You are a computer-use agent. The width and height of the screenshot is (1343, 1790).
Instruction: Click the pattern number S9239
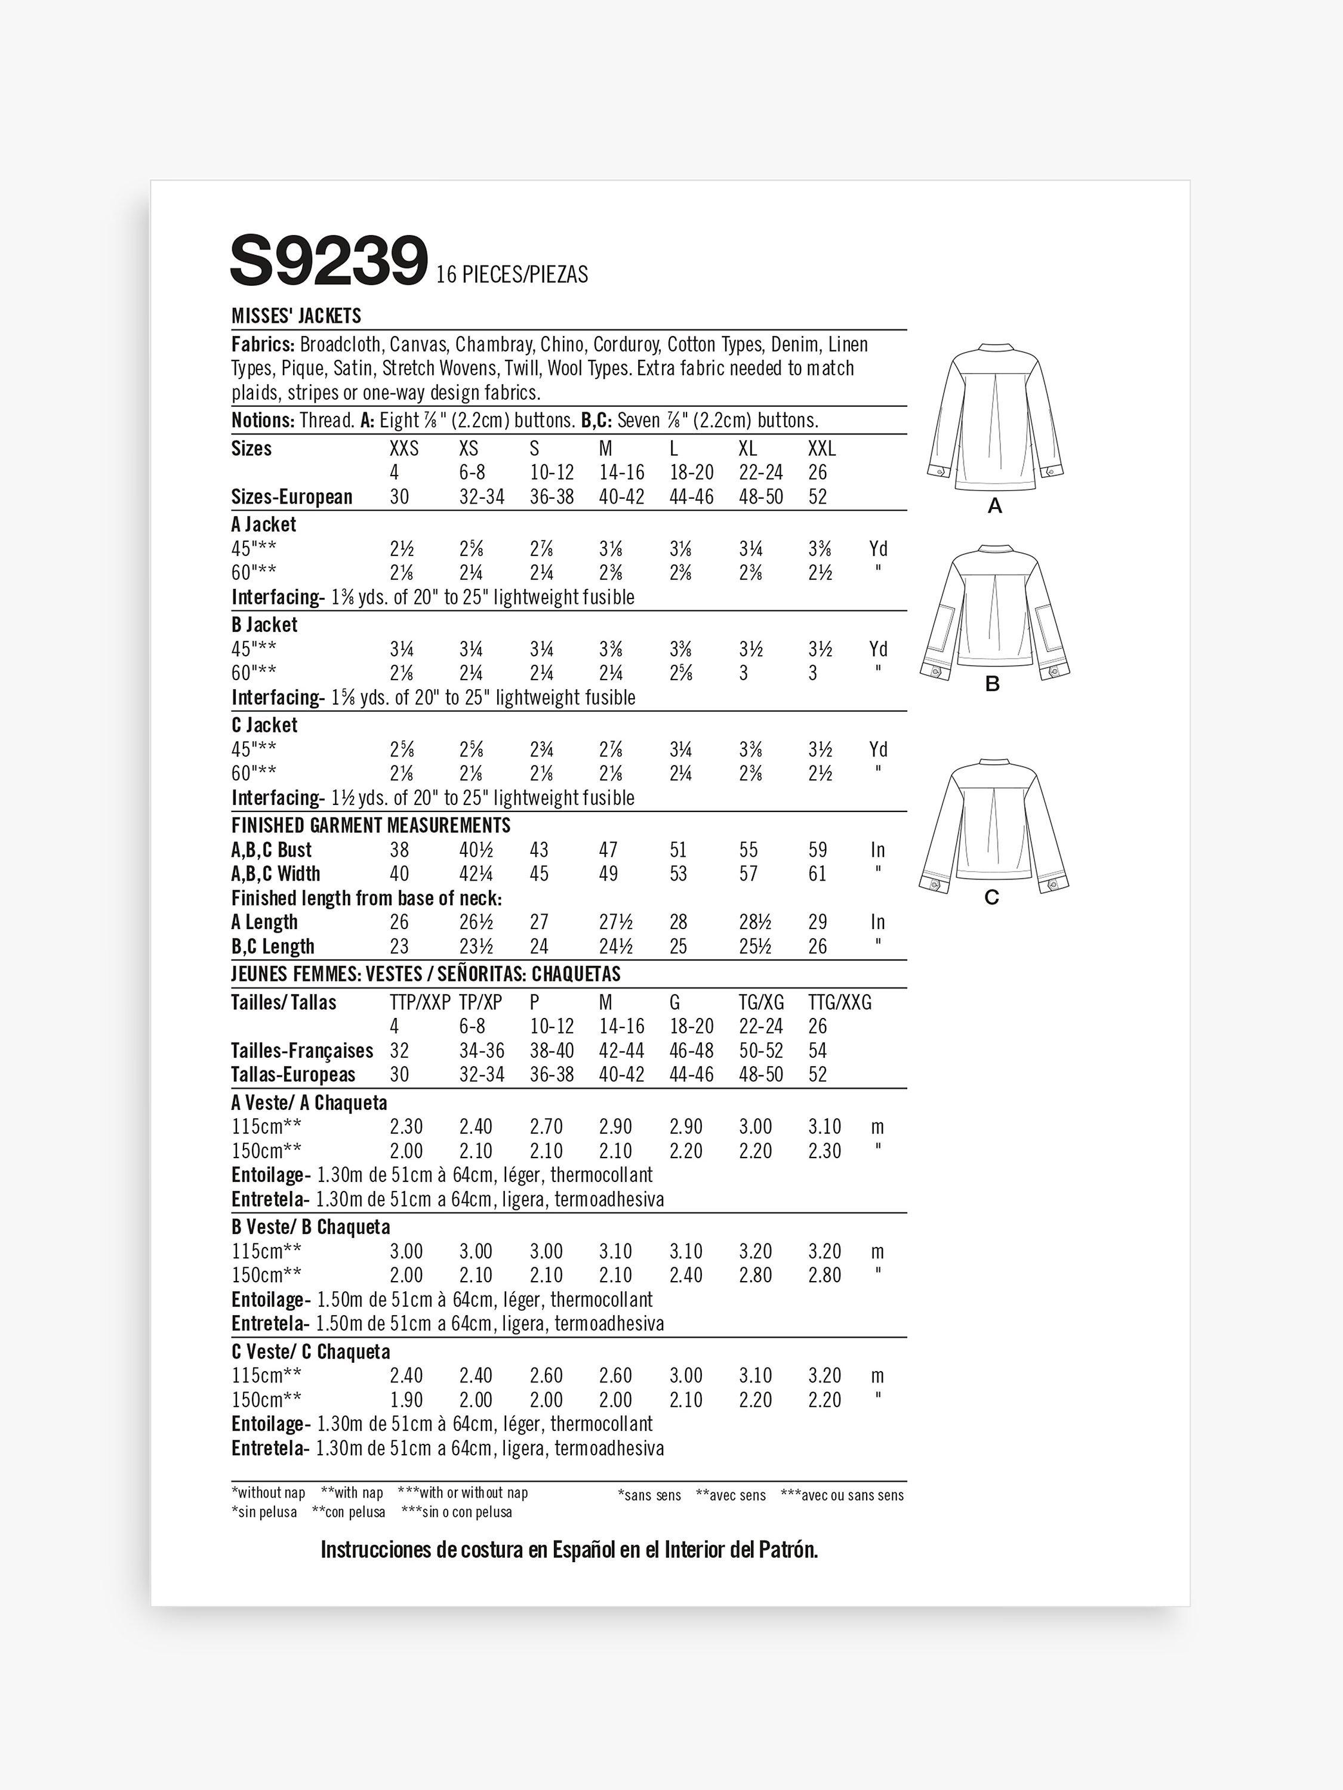click(329, 261)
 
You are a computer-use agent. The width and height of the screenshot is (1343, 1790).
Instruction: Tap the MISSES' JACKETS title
click(296, 316)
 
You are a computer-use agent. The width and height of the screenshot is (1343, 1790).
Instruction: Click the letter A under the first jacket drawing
click(995, 507)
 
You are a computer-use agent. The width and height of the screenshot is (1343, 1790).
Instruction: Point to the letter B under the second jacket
click(993, 684)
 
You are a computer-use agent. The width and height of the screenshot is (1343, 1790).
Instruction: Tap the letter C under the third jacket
click(991, 897)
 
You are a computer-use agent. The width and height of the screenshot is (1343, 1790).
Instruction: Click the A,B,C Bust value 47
click(608, 850)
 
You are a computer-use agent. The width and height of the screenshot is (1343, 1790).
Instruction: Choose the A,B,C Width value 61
click(818, 875)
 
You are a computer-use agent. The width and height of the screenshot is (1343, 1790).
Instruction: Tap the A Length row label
click(264, 922)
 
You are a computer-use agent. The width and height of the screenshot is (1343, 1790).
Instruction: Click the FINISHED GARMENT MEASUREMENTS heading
click(371, 825)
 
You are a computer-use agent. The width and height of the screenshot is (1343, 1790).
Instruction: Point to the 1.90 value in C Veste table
click(406, 1400)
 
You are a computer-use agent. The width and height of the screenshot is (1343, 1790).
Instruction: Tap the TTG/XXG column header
click(839, 1002)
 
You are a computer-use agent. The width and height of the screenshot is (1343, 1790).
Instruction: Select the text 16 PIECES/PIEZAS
click(512, 275)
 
